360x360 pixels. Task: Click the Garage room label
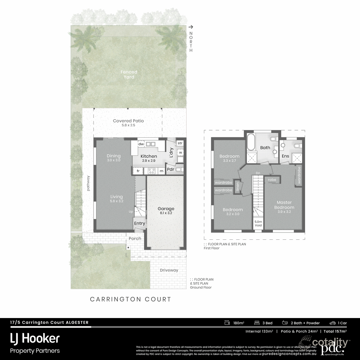pos(166,209)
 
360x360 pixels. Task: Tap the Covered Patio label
pos(128,121)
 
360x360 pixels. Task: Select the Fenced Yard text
pos(129,74)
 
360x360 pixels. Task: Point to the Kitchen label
pos(148,156)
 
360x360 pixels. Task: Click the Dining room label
pos(113,156)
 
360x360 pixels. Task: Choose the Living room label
pos(116,197)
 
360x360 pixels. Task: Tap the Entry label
pos(139,223)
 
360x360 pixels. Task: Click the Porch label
pos(135,238)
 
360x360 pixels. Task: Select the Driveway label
pos(169,270)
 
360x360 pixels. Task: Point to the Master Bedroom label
pos(284,205)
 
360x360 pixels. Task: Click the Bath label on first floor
pos(265,148)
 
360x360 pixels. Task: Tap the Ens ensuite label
pos(285,156)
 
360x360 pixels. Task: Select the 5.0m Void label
pos(258,223)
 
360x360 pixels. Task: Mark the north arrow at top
pos(190,27)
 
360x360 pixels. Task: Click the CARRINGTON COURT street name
pos(130,299)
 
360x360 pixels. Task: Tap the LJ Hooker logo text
pos(35,338)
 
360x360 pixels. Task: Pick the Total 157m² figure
pos(335,331)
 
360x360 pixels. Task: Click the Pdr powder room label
pos(170,169)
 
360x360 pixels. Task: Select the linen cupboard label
pos(237,187)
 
